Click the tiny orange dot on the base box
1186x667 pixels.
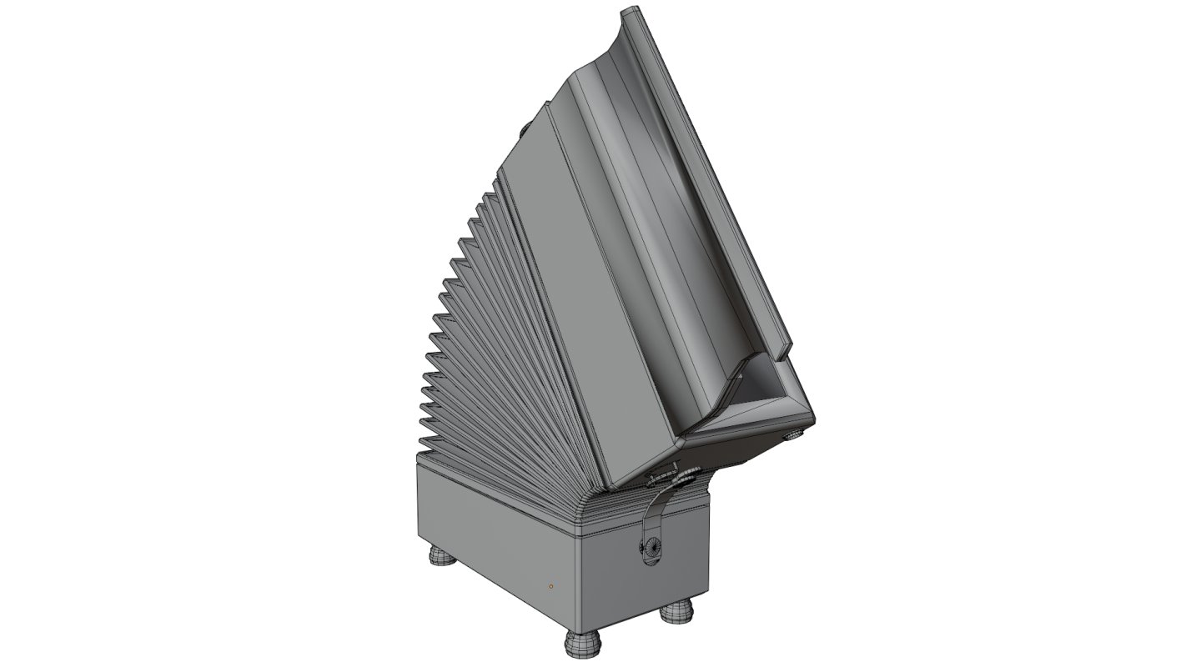coord(550,587)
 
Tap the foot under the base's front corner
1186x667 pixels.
coord(580,643)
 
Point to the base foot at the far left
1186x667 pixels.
coord(443,556)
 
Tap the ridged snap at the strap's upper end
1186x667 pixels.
coord(659,478)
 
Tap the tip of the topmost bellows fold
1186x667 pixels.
coord(487,197)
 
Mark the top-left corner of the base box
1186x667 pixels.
coord(419,463)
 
